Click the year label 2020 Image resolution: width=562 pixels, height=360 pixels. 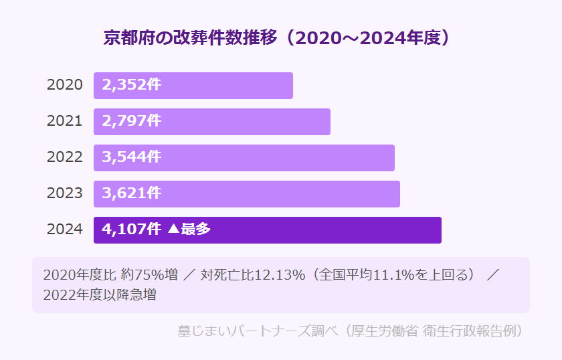65,86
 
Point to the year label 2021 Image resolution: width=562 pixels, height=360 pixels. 65,122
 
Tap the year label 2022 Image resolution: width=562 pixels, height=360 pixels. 65,158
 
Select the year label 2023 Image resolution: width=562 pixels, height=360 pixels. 65,194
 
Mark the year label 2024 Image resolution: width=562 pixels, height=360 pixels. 65,230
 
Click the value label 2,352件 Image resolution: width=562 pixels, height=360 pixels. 131,86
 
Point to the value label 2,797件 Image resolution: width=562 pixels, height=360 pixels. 131,122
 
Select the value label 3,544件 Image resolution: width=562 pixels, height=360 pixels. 131,158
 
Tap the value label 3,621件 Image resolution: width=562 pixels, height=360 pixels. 131,194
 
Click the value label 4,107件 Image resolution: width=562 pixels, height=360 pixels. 131,230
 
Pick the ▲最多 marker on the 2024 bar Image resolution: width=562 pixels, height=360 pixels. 189,230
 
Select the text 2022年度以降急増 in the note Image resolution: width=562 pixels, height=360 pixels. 100,295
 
